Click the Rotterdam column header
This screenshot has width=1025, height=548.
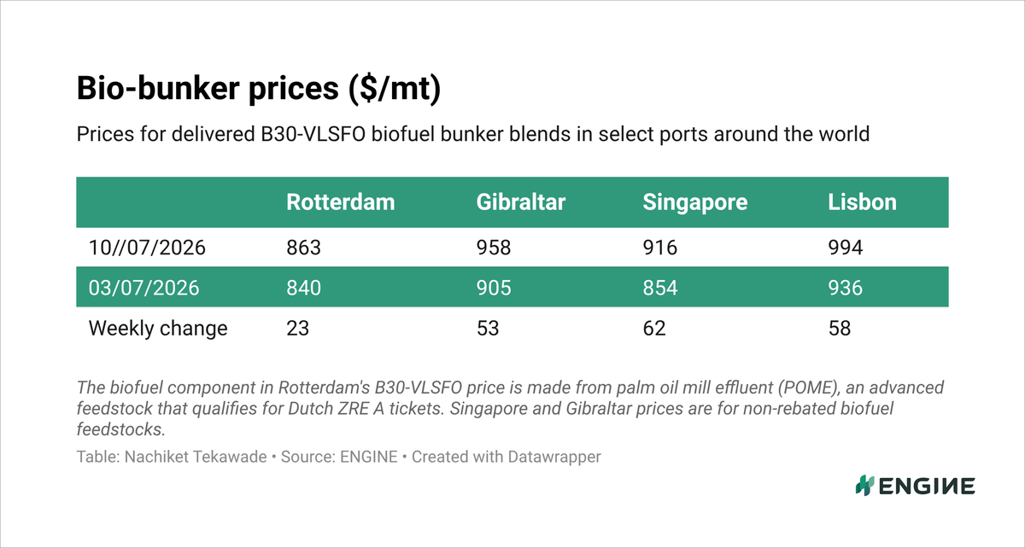pyautogui.click(x=341, y=202)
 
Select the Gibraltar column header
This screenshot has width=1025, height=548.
pyautogui.click(x=521, y=202)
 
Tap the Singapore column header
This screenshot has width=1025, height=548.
pyautogui.click(x=695, y=202)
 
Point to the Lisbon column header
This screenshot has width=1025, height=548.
pyautogui.click(x=862, y=202)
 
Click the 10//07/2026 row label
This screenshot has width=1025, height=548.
pyautogui.click(x=147, y=248)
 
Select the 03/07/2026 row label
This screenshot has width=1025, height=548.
pyautogui.click(x=143, y=288)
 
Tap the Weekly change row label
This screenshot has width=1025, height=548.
pyautogui.click(x=158, y=329)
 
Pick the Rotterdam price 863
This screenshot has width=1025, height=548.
pyautogui.click(x=304, y=248)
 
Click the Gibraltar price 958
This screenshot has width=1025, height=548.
pyautogui.click(x=494, y=248)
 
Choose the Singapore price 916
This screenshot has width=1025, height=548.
pyautogui.click(x=659, y=248)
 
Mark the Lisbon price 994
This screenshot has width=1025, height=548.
pyautogui.click(x=845, y=248)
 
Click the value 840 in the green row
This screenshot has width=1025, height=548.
pyautogui.click(x=304, y=288)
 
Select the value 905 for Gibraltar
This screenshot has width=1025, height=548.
pyautogui.click(x=494, y=288)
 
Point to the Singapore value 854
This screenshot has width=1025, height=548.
pyautogui.click(x=659, y=288)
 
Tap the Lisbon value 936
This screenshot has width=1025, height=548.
pyautogui.click(x=845, y=288)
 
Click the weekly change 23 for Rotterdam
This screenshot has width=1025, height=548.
pyautogui.click(x=298, y=328)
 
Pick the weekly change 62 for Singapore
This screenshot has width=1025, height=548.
pyautogui.click(x=654, y=328)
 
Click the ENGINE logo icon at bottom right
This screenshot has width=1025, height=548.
pyautogui.click(x=864, y=486)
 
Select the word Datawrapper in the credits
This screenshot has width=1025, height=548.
pyautogui.click(x=554, y=457)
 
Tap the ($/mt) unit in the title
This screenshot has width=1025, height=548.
pyautogui.click(x=395, y=88)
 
